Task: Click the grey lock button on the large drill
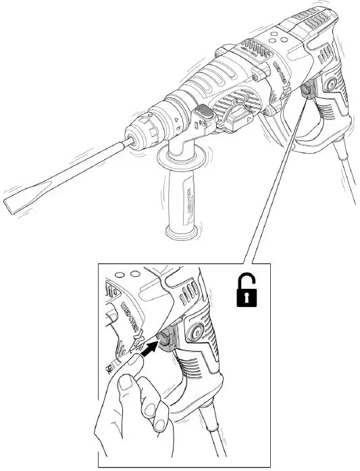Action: point(307,87)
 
